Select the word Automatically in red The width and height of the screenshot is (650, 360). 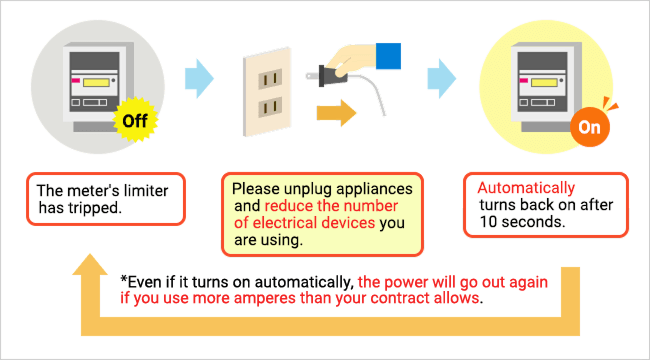(526, 188)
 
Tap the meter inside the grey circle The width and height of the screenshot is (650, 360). (91, 80)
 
